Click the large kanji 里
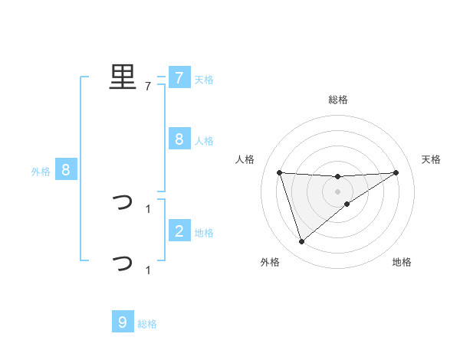pos(123,77)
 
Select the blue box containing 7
pos(179,77)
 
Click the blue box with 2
pos(179,231)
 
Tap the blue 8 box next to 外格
pos(66,170)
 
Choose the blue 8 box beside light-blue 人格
pos(179,139)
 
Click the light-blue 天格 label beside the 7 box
pos(204,79)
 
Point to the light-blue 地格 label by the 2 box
pos(204,232)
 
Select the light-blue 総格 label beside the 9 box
pos(147,324)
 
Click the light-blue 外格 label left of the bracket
pos(41,172)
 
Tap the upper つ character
pos(123,203)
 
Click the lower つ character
pos(123,264)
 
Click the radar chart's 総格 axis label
pos(338,100)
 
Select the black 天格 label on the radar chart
pos(432,159)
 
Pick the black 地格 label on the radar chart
pos(402,262)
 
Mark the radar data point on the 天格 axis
pos(396,172)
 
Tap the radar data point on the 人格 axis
pos(279,172)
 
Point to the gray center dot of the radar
pos(338,191)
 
